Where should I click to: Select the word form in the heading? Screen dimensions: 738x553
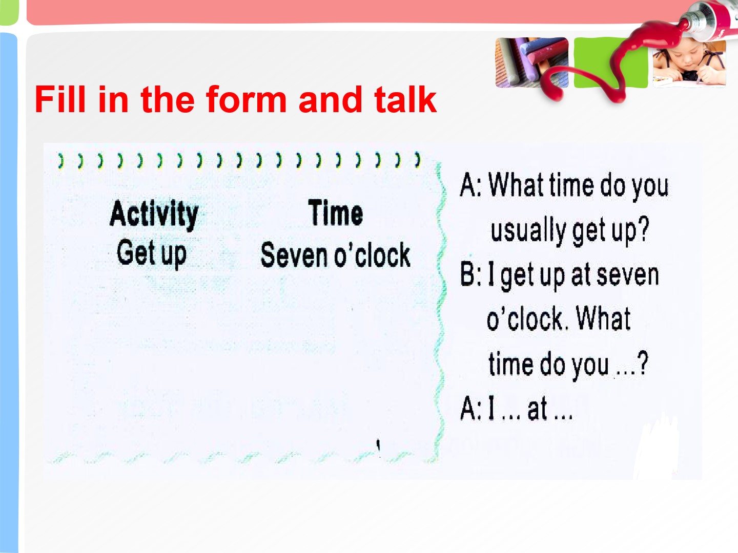246,99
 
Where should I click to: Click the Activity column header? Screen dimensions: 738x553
154,214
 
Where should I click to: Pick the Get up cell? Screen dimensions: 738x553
151,253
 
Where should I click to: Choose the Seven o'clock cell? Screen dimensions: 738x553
336,255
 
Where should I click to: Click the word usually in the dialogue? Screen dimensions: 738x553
528,230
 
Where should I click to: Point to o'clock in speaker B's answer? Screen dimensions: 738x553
525,318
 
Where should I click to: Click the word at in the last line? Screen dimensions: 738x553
537,409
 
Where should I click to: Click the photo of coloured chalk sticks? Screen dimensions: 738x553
532,62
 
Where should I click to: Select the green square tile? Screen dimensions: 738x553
610,62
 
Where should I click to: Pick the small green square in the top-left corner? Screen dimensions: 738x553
9,12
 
